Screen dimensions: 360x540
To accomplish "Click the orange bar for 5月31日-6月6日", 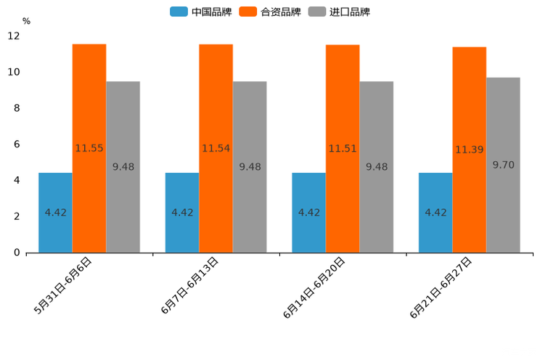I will pos(89,148).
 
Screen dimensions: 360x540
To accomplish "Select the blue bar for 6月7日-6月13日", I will pos(182,213).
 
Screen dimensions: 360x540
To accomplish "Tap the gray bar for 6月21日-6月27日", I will pos(503,165).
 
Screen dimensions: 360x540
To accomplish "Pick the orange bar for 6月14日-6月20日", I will pos(343,148).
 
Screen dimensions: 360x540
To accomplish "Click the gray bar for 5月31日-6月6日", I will pos(123,167).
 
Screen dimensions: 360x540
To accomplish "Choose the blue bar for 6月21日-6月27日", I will pos(435,213).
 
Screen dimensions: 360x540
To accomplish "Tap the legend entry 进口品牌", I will pos(339,12).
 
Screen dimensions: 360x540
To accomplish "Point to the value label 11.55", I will pos(89,148).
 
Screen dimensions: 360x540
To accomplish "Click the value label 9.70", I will pos(503,165).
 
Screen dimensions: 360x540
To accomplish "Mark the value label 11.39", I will pos(470,150).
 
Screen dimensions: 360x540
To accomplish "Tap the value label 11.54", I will pos(216,148).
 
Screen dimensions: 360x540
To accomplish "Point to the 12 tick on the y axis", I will pos(14,36).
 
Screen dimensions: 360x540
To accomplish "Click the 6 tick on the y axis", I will pos(17,144).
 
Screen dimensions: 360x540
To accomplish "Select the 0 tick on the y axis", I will pos(17,253).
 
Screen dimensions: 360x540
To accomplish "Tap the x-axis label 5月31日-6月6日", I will pos(63,287).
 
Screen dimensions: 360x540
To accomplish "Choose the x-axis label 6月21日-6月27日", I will pos(441,289).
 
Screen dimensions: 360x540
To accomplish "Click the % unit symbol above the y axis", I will pos(26,21).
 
